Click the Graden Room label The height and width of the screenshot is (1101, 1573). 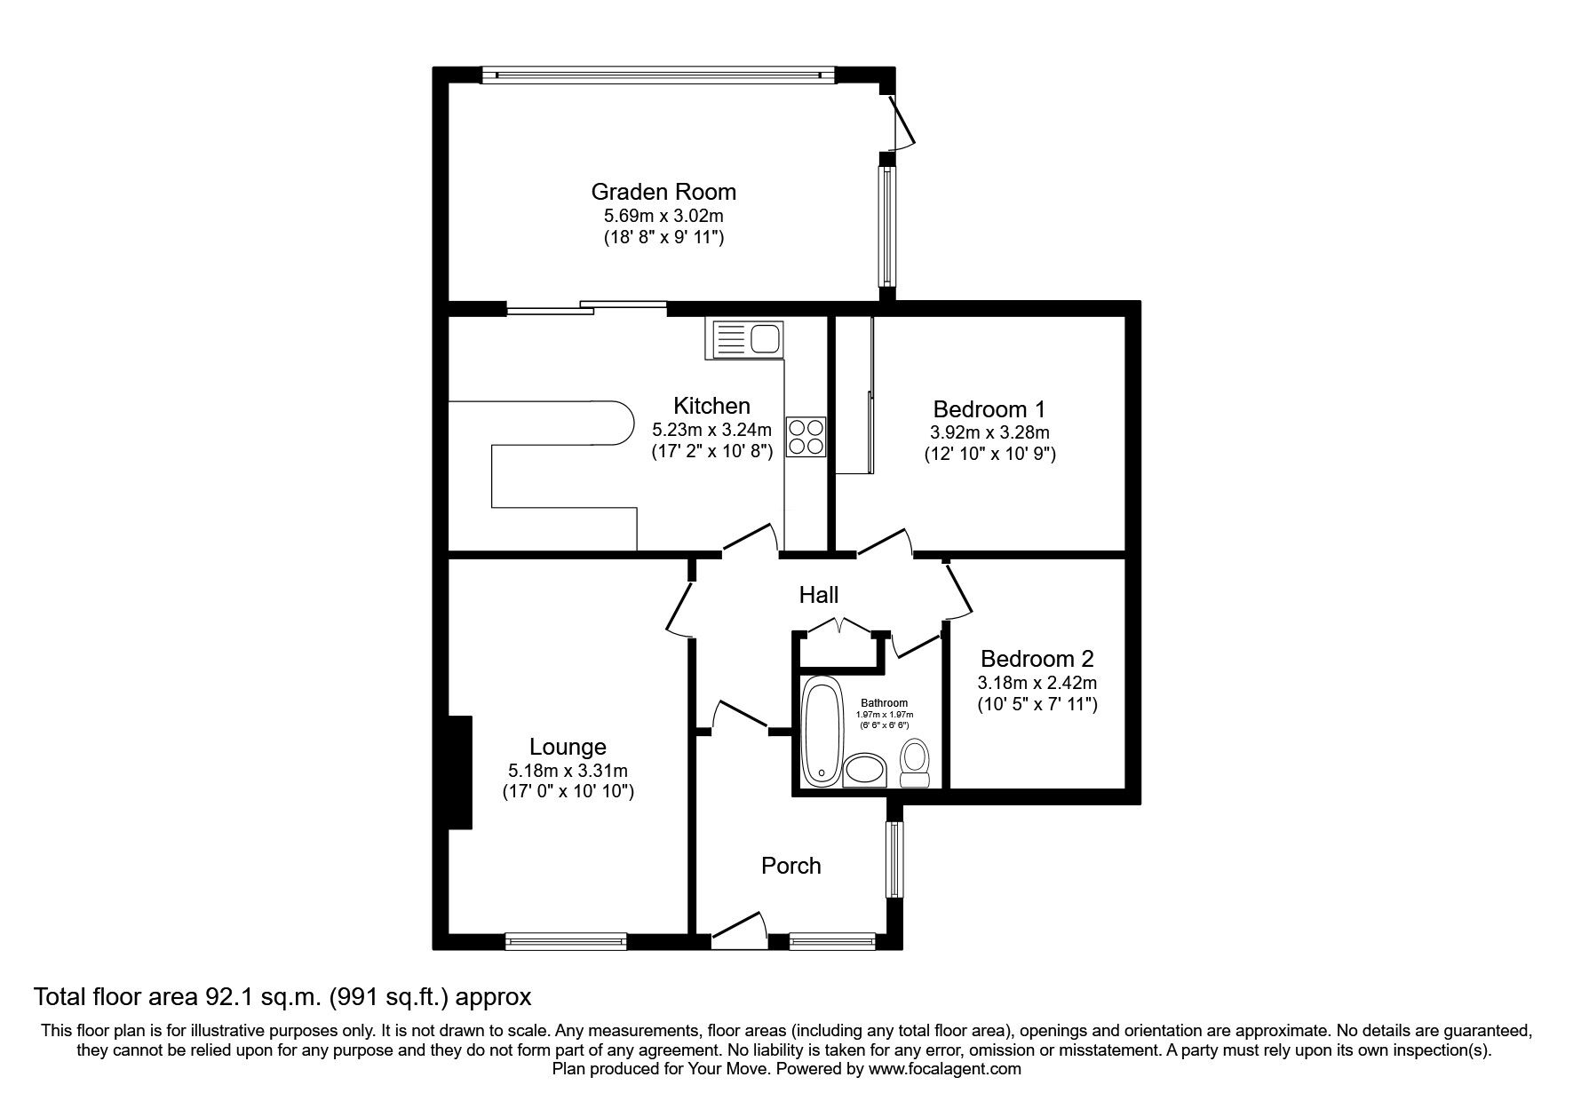663,192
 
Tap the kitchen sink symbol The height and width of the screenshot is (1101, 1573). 744,339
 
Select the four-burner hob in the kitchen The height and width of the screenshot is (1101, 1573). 806,437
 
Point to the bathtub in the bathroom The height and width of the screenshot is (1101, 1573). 821,733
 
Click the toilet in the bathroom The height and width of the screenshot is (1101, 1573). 914,764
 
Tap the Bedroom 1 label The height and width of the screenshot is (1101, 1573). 989,409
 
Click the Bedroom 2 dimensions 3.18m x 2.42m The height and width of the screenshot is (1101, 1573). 1037,683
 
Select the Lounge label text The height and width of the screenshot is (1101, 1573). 568,748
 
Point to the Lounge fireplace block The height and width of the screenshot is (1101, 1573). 459,772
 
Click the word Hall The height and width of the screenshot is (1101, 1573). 818,595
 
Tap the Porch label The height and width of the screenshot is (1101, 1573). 790,866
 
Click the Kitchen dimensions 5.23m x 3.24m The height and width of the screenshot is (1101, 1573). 711,430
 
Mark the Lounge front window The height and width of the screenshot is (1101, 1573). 566,940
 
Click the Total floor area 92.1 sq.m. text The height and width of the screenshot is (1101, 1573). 282,997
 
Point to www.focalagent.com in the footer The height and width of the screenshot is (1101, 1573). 945,1069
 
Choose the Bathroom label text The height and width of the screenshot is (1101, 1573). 884,703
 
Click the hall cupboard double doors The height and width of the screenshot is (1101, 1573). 839,626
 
